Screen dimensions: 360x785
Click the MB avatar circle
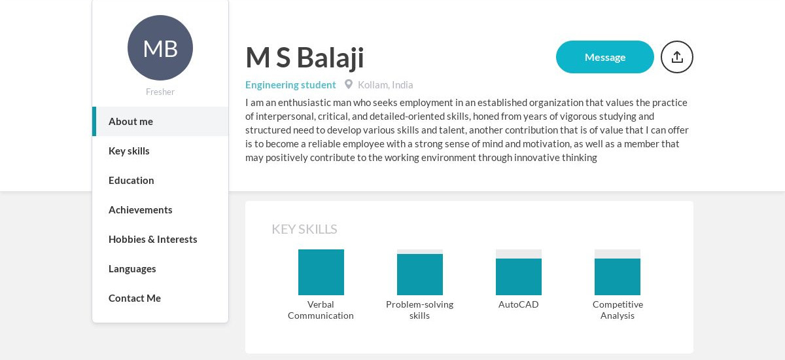tap(160, 48)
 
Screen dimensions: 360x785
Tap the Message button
tap(605, 57)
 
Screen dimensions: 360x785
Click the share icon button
tap(677, 57)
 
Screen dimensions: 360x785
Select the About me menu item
tap(131, 121)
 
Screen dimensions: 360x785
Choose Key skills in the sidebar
tap(129, 151)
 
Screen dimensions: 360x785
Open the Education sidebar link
tap(131, 180)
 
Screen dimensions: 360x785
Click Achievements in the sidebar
tap(141, 209)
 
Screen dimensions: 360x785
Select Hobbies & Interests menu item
tap(153, 239)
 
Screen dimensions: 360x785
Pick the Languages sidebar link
tap(132, 268)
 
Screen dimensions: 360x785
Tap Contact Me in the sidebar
tap(135, 298)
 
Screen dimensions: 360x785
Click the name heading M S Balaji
tap(305, 58)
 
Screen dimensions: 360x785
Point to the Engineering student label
tap(290, 84)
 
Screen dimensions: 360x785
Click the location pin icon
tap(349, 84)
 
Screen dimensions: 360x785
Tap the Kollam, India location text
tap(385, 84)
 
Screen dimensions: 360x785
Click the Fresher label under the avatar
tap(160, 92)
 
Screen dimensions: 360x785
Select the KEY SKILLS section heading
tap(304, 229)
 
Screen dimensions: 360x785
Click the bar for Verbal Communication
tap(321, 272)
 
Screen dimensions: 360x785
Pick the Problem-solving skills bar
tap(420, 274)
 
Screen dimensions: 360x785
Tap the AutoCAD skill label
tap(519, 304)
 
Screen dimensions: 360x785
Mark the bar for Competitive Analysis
tap(618, 276)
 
